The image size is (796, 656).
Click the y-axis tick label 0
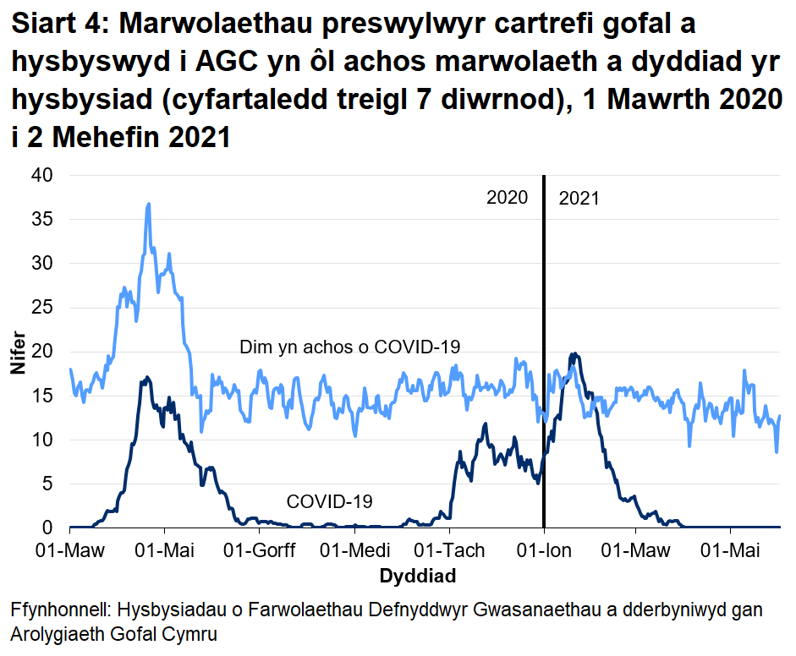click(x=48, y=528)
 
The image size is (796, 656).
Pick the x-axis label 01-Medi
click(x=356, y=551)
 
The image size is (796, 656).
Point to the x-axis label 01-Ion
click(x=544, y=551)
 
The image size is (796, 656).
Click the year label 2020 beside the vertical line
click(x=507, y=199)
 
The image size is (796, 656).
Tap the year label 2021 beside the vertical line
click(x=579, y=199)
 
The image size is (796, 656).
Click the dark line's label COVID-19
click(x=330, y=501)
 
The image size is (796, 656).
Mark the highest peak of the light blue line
click(x=149, y=204)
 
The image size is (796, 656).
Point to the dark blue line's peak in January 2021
click(x=574, y=354)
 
